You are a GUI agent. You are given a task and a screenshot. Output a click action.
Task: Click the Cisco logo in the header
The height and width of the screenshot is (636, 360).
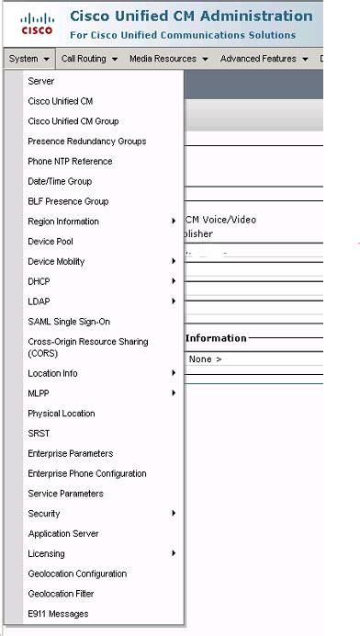point(38,24)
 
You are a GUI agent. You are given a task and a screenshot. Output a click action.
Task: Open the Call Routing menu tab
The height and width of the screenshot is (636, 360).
point(89,59)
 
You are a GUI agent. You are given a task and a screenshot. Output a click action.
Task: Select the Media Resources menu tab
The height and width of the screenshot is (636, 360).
point(168,59)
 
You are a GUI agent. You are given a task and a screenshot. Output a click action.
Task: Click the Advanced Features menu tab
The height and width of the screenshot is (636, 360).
point(264,59)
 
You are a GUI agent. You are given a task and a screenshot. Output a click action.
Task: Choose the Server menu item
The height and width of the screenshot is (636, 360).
point(41,82)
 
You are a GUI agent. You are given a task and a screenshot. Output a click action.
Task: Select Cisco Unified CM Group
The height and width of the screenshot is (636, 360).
point(73,121)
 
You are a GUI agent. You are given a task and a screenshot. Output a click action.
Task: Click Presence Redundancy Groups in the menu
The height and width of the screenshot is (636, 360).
point(87,142)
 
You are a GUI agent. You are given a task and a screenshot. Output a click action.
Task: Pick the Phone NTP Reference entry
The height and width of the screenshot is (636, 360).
point(70,162)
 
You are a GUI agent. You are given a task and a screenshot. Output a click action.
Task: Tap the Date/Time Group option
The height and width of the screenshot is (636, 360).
point(60,182)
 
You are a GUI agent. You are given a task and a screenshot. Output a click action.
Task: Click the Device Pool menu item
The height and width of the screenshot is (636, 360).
point(51,242)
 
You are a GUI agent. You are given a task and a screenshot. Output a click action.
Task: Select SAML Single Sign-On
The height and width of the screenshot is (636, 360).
point(69,322)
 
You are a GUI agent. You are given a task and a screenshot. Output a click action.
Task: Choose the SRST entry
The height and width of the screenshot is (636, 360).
point(39,434)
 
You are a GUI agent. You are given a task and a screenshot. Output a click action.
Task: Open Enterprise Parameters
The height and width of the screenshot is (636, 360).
point(71,454)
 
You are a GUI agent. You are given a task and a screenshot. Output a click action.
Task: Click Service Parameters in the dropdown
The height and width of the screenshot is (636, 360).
point(66,494)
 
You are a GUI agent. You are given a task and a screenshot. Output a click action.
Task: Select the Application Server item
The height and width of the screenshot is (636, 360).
point(64,534)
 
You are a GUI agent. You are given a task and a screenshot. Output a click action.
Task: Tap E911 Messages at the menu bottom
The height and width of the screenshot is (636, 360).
point(58,614)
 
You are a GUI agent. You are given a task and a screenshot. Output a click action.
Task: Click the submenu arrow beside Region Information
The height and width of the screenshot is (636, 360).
point(174,221)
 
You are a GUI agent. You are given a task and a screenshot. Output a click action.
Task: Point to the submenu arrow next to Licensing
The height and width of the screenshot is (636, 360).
point(174,553)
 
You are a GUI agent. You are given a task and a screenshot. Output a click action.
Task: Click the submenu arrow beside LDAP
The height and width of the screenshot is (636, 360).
point(174,301)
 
